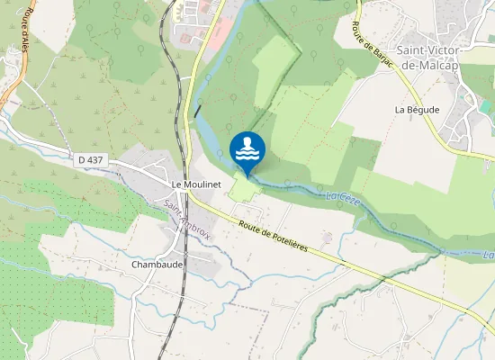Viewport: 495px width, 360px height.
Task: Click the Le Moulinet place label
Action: [196, 183]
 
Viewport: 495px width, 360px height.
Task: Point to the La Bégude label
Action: [417, 109]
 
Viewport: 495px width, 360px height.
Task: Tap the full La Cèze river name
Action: [342, 196]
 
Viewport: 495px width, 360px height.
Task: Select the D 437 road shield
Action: [92, 159]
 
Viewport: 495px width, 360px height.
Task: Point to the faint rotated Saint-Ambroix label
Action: [186, 217]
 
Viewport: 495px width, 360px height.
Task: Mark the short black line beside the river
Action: [197, 112]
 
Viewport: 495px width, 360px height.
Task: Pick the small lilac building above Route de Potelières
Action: [327, 237]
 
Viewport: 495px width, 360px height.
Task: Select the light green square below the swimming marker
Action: [240, 188]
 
